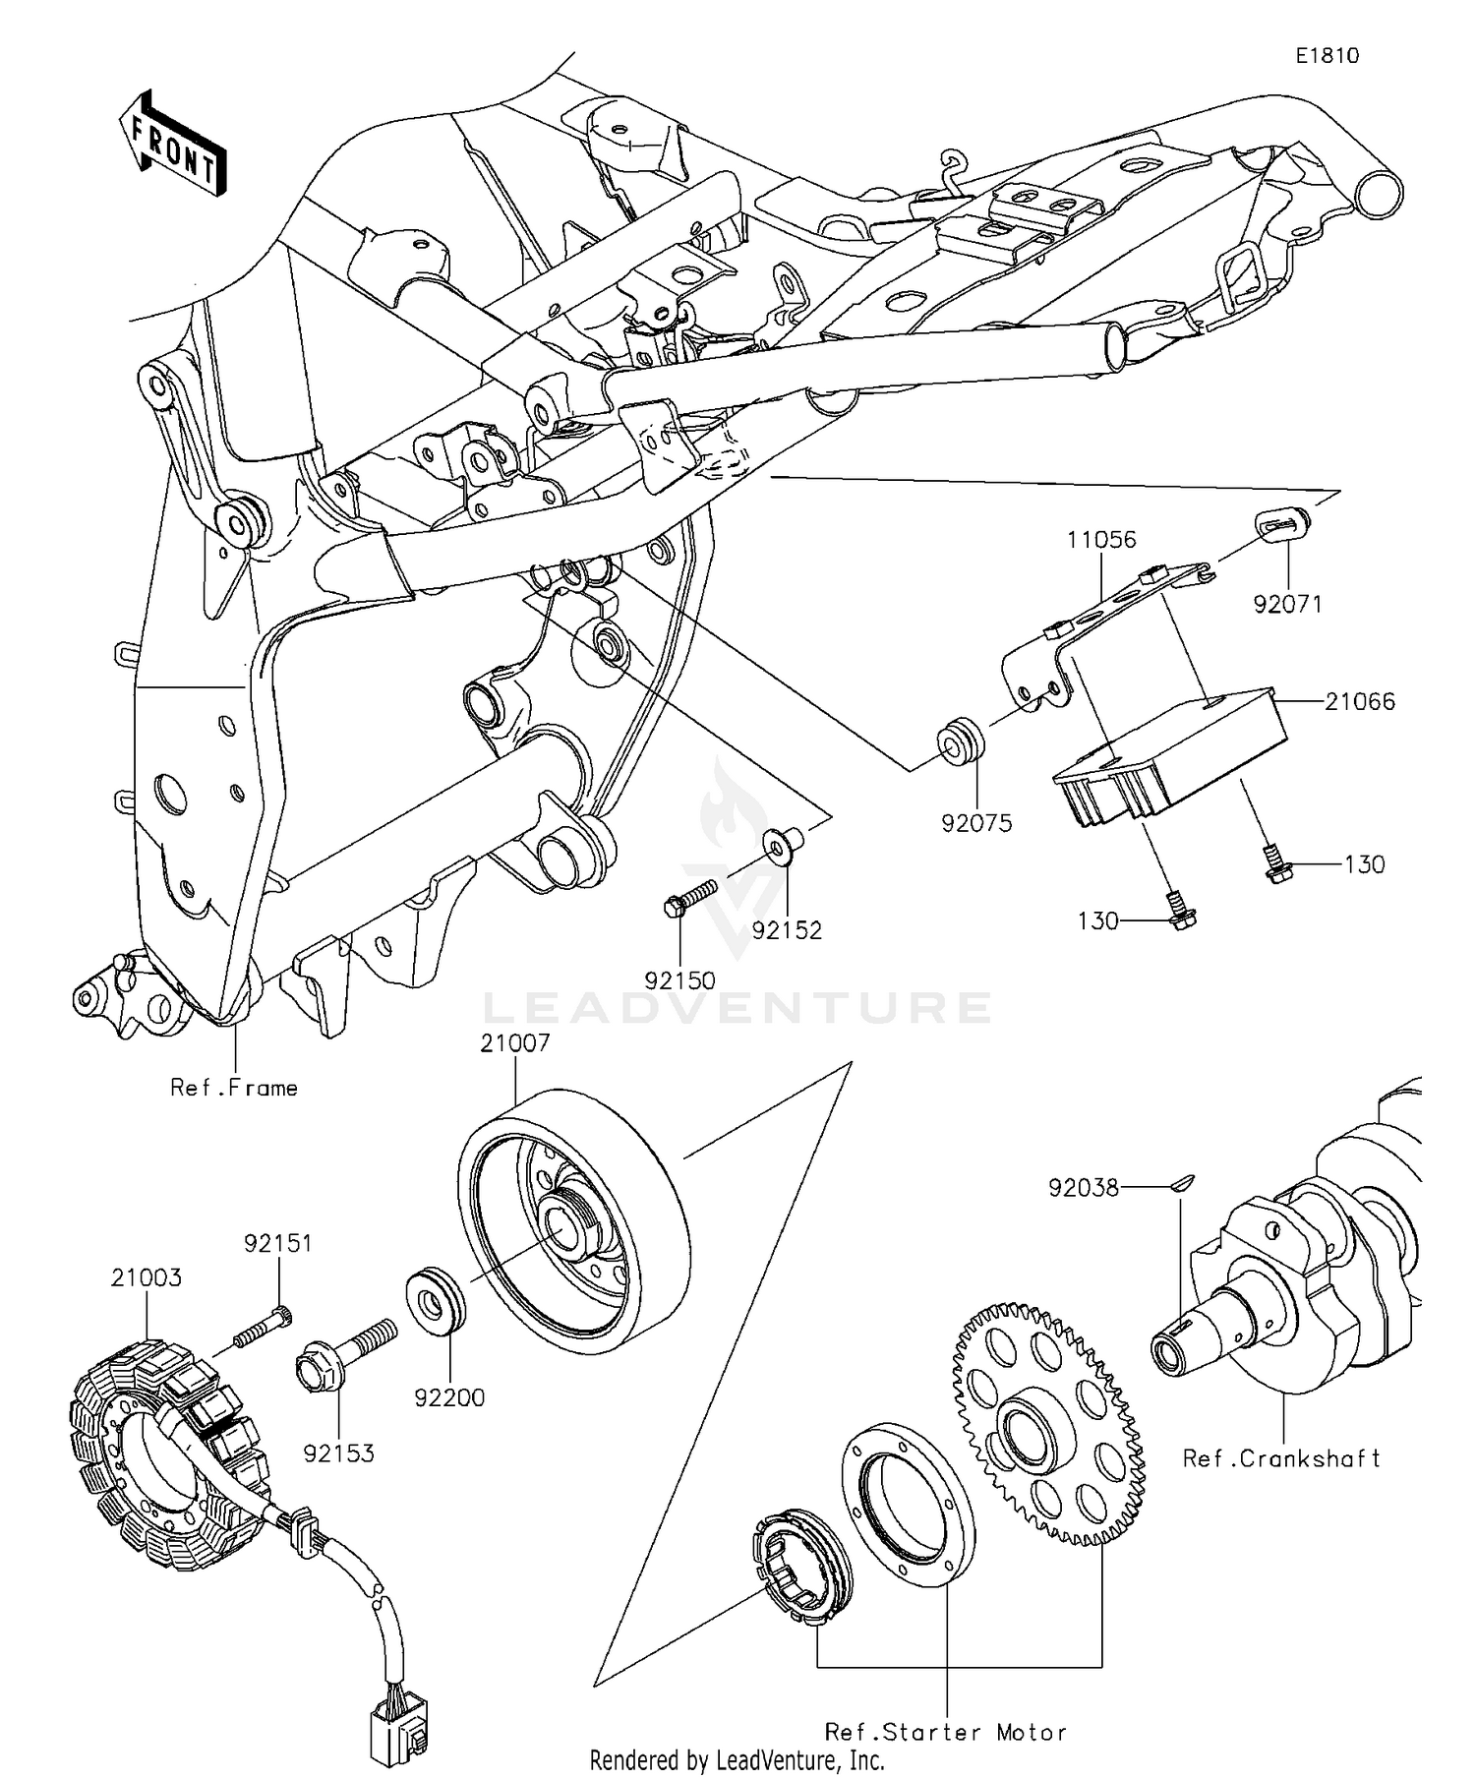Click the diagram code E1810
1327,56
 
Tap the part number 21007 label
514,1043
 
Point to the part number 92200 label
449,1397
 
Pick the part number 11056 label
1101,540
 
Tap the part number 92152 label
787,930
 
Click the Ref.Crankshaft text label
1281,1458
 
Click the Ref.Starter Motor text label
945,1732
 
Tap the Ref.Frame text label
234,1088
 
